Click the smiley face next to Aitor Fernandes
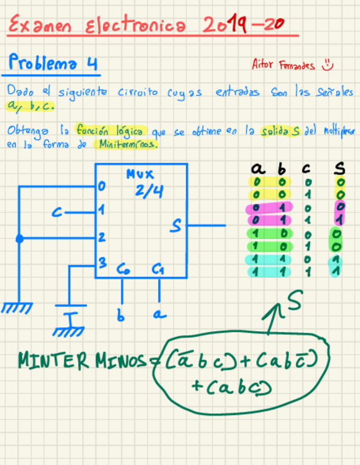[328, 65]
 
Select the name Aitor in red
[262, 65]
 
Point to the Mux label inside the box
[140, 175]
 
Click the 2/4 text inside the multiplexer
[149, 192]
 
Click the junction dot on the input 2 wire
[20, 239]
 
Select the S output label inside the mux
[175, 225]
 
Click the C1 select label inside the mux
[159, 269]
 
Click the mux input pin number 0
[102, 187]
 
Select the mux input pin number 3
[102, 263]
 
